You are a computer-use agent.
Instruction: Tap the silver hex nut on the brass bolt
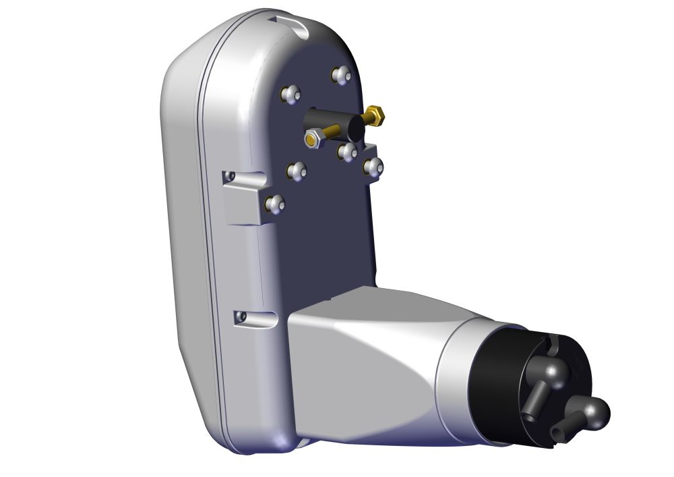[312, 140]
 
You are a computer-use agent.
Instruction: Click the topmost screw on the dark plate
[342, 75]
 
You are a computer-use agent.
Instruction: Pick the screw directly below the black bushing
[348, 152]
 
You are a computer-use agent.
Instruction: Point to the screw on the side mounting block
[274, 204]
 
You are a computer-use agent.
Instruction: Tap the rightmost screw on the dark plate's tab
[373, 166]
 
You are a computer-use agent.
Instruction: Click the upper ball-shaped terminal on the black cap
[555, 370]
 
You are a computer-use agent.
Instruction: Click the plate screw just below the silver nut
[297, 171]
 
